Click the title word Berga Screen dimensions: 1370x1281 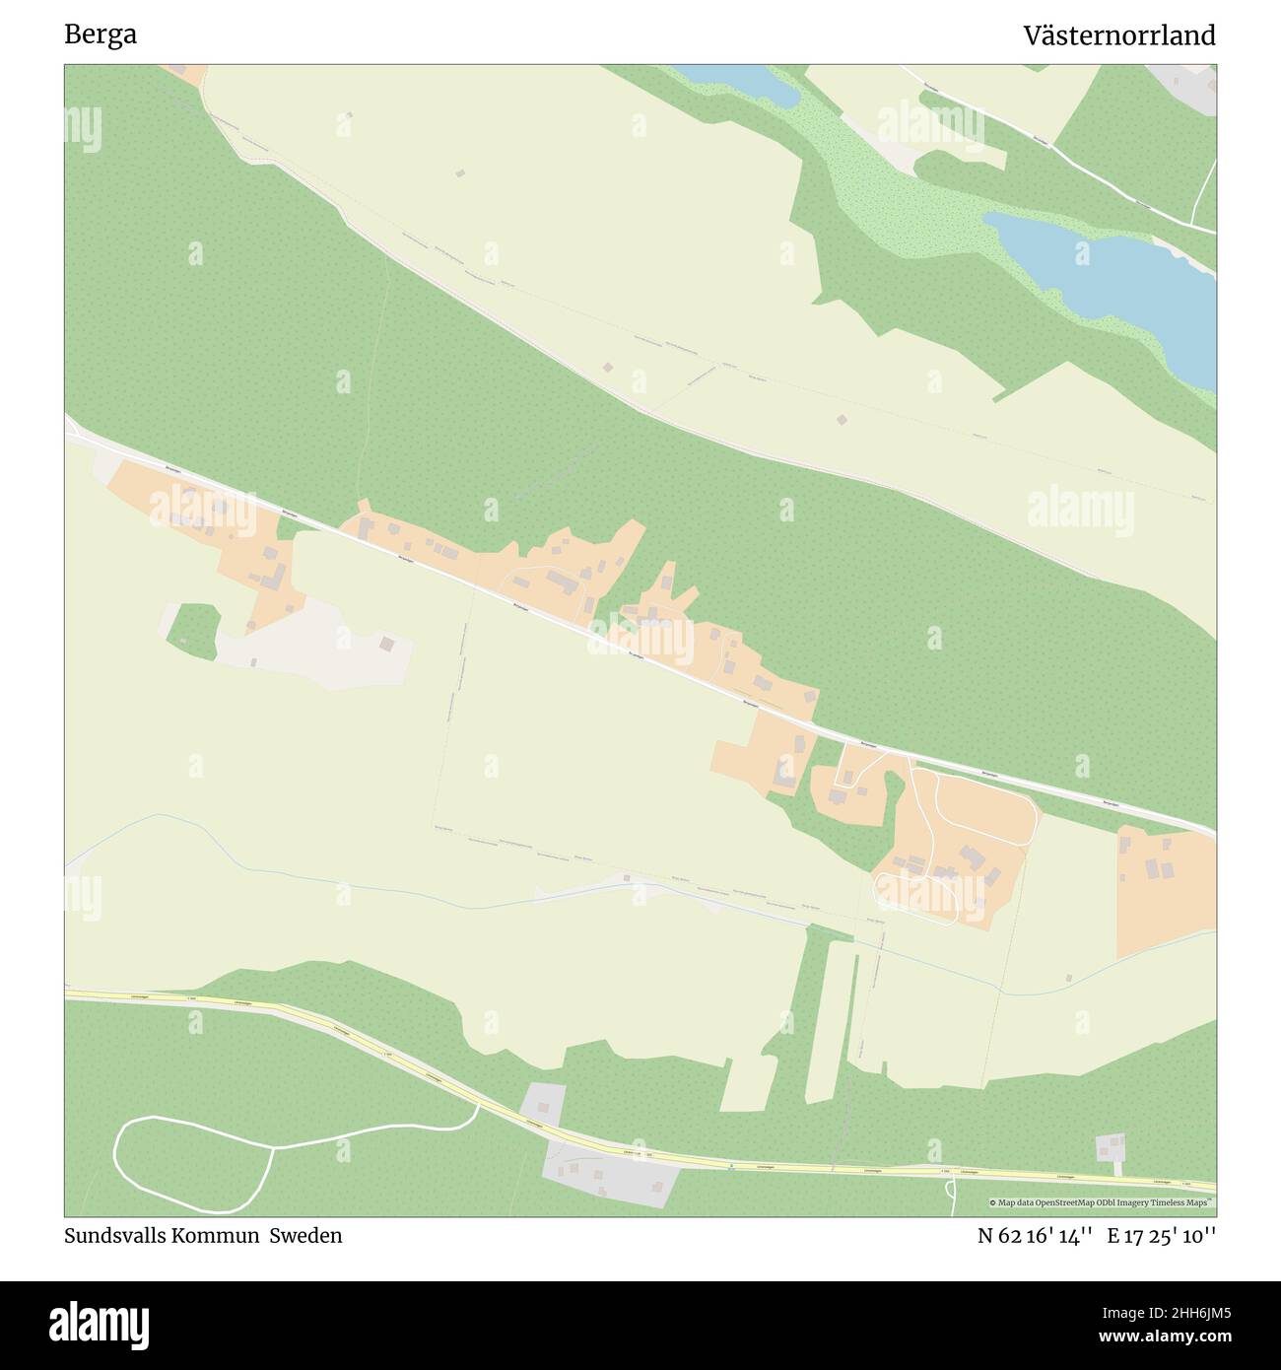pyautogui.click(x=100, y=35)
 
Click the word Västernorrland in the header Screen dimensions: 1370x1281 pyautogui.click(x=1118, y=35)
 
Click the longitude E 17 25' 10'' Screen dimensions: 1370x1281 pyautogui.click(x=1161, y=1235)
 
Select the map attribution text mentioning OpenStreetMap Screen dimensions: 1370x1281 pyautogui.click(x=1102, y=1202)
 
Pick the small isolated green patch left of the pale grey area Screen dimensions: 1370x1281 pyautogui.click(x=192, y=631)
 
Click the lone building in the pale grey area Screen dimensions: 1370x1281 pyautogui.click(x=387, y=644)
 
